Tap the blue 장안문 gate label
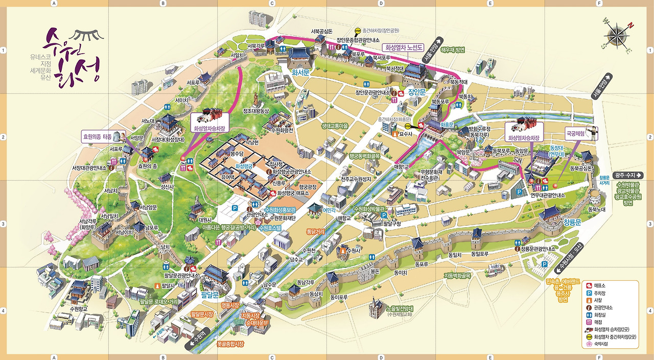coord(417,92)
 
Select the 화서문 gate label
coord(300,73)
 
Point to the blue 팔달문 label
coord(210,295)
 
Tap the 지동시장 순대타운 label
coord(254,319)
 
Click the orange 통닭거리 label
coord(315,231)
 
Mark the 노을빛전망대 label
coord(400,308)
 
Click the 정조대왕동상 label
coord(255,111)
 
